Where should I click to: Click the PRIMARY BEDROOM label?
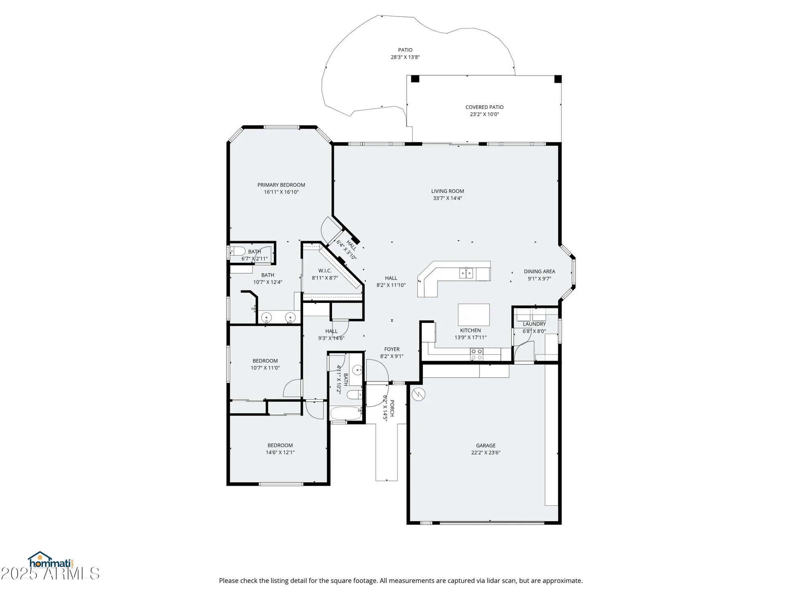tap(281, 185)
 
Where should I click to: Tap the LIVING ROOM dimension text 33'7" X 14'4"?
tap(448, 198)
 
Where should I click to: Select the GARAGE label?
tap(486, 445)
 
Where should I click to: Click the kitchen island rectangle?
tap(474, 315)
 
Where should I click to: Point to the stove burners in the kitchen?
tap(476, 354)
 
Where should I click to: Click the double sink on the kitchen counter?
tap(466, 273)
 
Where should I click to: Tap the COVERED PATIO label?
tap(484, 107)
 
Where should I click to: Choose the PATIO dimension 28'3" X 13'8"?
tap(405, 57)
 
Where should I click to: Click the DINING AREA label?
tap(539, 271)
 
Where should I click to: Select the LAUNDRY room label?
tap(534, 324)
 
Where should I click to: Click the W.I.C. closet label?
tap(325, 270)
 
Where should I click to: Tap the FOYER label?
tap(392, 349)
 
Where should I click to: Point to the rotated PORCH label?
tap(392, 408)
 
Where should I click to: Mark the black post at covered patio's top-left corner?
tap(415, 79)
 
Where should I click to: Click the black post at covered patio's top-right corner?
tap(558, 79)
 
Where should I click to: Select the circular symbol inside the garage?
tap(418, 394)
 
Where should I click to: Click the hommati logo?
tap(50, 561)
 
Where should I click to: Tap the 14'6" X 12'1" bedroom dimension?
tap(280, 452)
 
